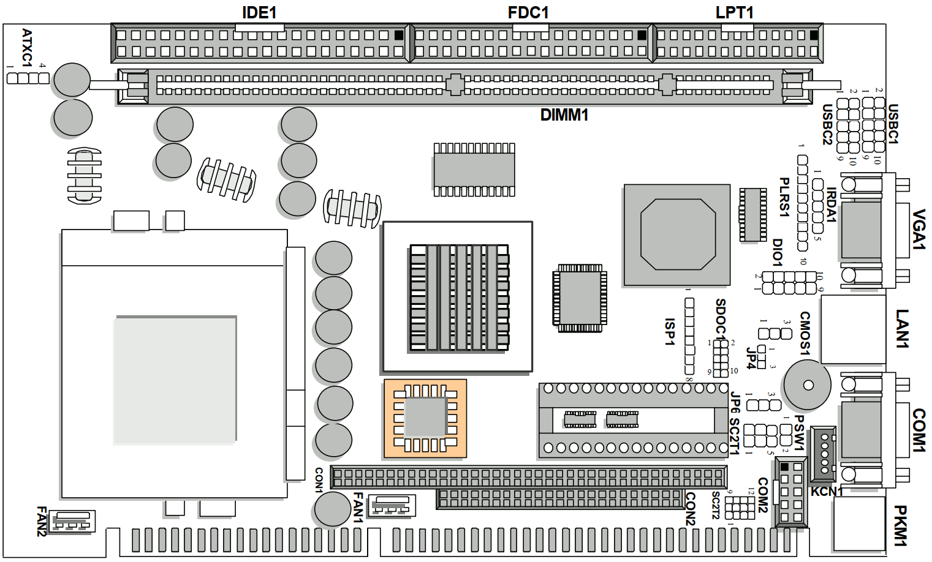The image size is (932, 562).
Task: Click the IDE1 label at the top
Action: pyautogui.click(x=259, y=12)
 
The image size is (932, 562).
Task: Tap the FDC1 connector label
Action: pyautogui.click(x=528, y=12)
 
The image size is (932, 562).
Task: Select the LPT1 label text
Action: pyautogui.click(x=734, y=12)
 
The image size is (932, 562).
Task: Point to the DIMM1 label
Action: pyautogui.click(x=564, y=115)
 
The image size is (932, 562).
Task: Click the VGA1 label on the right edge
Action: pyautogui.click(x=918, y=230)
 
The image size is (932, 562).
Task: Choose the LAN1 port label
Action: pyautogui.click(x=902, y=329)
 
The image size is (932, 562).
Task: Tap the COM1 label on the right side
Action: pyautogui.click(x=918, y=430)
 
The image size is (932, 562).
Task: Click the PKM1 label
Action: pyautogui.click(x=900, y=525)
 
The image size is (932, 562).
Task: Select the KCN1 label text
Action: pyautogui.click(x=827, y=492)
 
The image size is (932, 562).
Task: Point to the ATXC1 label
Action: pyautogui.click(x=27, y=47)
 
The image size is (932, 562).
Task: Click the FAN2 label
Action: pyautogui.click(x=41, y=521)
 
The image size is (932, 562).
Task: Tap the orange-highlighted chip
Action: pyautogui.click(x=425, y=418)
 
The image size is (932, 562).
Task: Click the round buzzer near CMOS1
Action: pyautogui.click(x=808, y=385)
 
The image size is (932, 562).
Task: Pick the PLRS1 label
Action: pyautogui.click(x=784, y=197)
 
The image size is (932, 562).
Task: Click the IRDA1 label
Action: pyautogui.click(x=831, y=205)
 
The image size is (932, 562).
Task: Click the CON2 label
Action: pyautogui.click(x=690, y=509)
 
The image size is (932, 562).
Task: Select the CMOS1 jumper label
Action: pyautogui.click(x=805, y=333)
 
